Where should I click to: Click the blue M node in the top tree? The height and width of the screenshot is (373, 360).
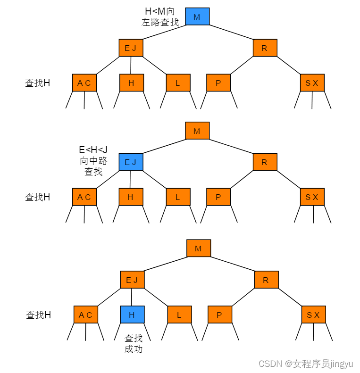[197, 17]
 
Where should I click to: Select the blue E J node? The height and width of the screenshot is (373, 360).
[131, 162]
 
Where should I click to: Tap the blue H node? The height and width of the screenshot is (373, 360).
[132, 315]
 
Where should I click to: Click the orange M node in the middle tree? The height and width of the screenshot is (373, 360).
[197, 131]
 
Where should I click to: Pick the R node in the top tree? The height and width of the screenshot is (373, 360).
[265, 48]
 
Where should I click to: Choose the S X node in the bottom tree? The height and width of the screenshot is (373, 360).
[313, 315]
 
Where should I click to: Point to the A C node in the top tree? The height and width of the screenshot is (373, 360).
[84, 83]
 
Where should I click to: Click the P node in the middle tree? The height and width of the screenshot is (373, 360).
[218, 197]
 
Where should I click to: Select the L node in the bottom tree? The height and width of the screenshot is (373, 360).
[179, 315]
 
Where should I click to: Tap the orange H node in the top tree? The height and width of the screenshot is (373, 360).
[131, 83]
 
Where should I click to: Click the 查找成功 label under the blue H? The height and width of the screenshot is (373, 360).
[133, 343]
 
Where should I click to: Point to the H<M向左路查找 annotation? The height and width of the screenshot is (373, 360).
[160, 17]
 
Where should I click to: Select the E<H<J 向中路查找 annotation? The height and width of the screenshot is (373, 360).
[93, 161]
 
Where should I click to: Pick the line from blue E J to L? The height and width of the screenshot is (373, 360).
[154, 180]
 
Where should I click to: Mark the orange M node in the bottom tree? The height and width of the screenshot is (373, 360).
[198, 248]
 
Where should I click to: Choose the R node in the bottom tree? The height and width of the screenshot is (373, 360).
[266, 280]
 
